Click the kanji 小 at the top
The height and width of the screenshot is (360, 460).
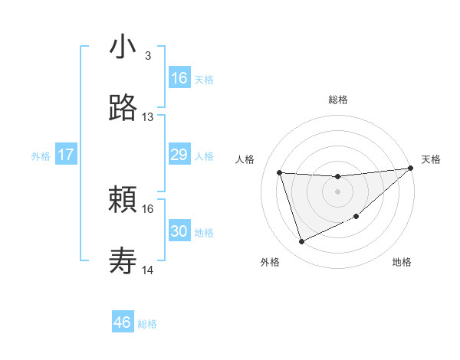tap(123, 47)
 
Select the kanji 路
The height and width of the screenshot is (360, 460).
tap(123, 108)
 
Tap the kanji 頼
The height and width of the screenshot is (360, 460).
tap(123, 201)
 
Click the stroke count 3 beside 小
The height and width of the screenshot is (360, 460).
tap(147, 56)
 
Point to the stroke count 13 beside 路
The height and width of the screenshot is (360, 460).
tap(148, 117)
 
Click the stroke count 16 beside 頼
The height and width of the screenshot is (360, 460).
tap(148, 208)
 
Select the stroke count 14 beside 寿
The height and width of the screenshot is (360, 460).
tap(148, 270)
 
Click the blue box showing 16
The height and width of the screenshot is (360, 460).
tap(179, 78)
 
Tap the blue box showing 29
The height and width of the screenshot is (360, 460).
tap(179, 155)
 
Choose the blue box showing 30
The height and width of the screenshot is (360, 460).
tap(179, 231)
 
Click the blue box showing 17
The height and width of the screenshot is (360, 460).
tap(66, 155)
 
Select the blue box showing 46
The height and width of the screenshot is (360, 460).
tap(123, 322)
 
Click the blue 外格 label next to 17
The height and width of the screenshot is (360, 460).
tap(41, 156)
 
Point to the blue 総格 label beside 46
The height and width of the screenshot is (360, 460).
tap(147, 324)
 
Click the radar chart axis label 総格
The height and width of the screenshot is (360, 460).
tap(337, 100)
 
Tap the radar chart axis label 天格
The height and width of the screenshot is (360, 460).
tap(431, 159)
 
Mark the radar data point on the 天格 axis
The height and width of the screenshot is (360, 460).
tap(409, 169)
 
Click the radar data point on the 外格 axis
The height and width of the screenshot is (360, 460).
tap(302, 242)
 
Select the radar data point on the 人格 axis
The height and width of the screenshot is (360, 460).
tap(280, 173)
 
